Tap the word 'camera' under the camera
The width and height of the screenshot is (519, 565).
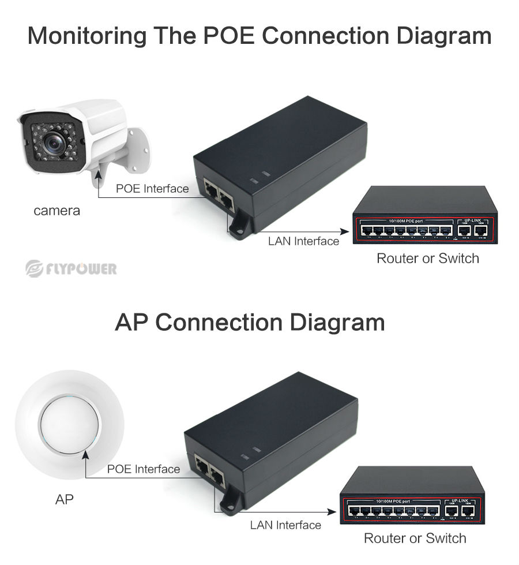point(57,211)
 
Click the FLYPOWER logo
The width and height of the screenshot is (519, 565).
point(71,268)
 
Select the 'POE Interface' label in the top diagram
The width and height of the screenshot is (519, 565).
point(152,189)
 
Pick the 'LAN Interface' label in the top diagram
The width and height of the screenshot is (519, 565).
point(303,241)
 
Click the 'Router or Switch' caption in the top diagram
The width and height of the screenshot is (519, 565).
point(427,258)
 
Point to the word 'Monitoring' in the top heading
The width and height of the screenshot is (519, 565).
point(86,36)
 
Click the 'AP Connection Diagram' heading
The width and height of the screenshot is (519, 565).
point(250,322)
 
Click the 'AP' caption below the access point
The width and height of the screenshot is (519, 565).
point(65,499)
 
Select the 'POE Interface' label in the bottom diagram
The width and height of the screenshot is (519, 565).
point(144,469)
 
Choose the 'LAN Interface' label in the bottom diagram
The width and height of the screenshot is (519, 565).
point(285,525)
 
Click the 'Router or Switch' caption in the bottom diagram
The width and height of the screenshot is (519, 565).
point(415,538)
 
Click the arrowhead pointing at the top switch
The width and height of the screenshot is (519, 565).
point(346,231)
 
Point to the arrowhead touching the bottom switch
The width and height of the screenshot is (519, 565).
point(333,511)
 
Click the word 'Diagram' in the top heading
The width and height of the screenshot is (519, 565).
point(443,36)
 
